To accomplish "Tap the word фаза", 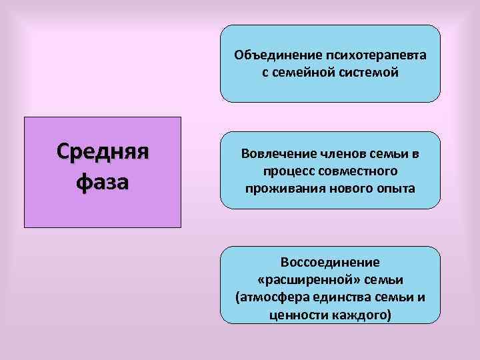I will coord(103,181).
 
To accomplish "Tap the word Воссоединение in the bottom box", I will coord(330,262).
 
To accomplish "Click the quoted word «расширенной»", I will coord(310,279).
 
